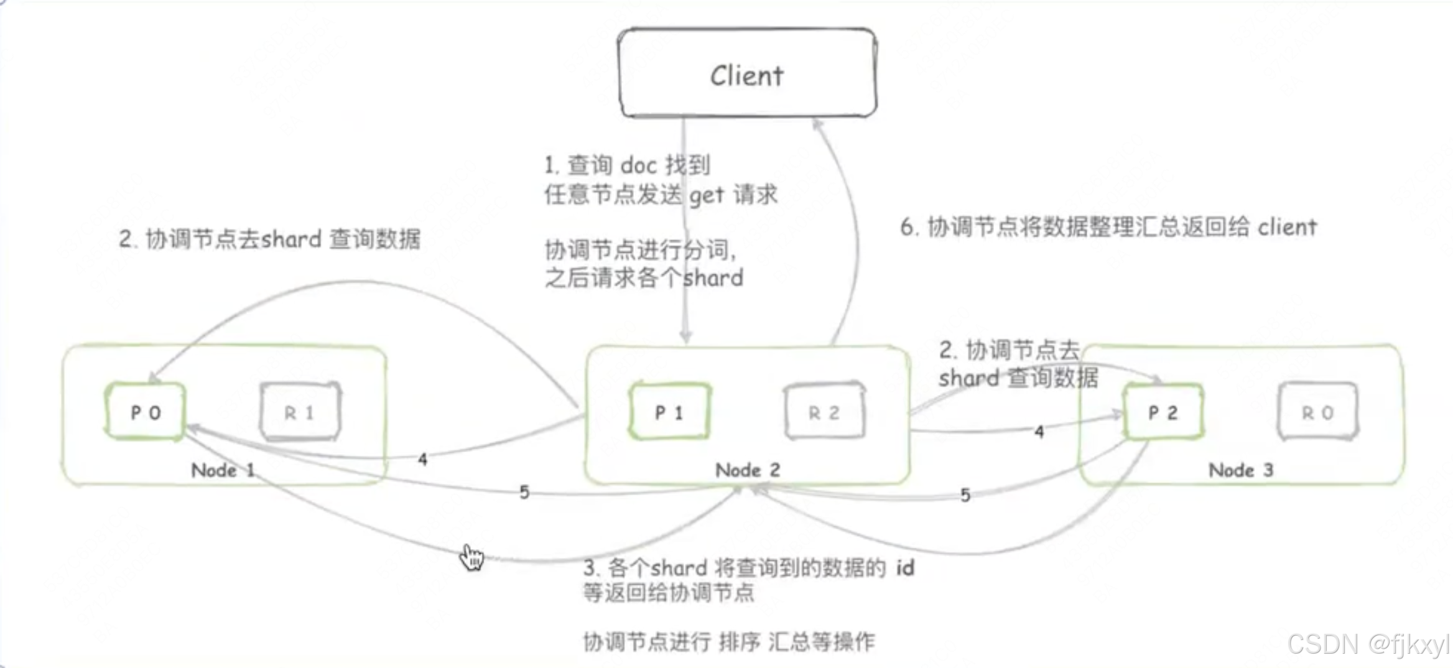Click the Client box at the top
pos(747,73)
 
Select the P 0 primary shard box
pos(146,412)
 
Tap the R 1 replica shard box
pos(300,412)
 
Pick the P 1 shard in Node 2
pos(669,412)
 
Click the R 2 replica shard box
pos(824,412)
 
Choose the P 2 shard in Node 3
pos(1163,412)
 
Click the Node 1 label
pos(223,470)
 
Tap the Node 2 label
pos(747,470)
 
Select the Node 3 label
pos(1240,470)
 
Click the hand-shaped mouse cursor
pos(471,557)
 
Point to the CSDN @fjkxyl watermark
pos(1368,644)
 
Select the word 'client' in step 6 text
pos(1287,228)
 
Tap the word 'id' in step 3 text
pos(905,567)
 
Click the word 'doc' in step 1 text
pos(638,165)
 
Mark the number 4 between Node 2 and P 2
pos(1039,432)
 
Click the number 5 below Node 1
pos(524,493)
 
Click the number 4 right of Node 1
pos(422,460)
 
